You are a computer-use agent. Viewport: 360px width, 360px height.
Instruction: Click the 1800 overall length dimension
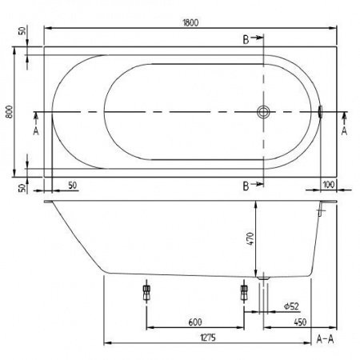(190, 22)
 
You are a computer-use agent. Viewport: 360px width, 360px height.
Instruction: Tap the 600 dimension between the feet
(194, 322)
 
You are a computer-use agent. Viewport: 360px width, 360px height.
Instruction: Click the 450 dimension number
(301, 322)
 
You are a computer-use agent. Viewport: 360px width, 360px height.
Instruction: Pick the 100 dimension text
(327, 186)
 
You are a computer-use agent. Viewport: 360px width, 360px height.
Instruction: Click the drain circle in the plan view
(262, 112)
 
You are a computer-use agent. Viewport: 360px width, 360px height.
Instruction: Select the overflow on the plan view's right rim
(320, 112)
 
